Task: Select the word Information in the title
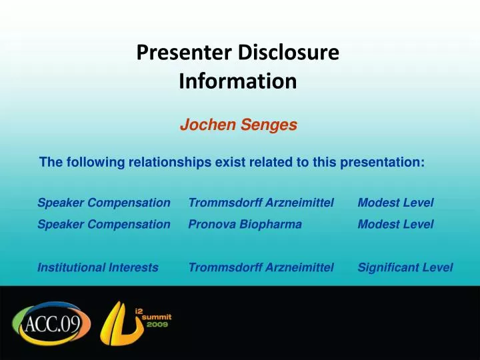pos(238,81)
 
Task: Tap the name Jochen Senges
pos(238,125)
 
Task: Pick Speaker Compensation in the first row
pos(104,202)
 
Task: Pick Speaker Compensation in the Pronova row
pos(104,225)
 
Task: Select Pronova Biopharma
pos(245,225)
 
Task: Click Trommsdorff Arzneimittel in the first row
pos(261,202)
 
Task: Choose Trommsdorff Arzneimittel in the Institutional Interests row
pos(261,267)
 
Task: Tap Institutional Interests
pos(98,267)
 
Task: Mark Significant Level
pos(405,267)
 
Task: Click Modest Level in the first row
pos(395,202)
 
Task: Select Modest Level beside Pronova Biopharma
pos(395,225)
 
